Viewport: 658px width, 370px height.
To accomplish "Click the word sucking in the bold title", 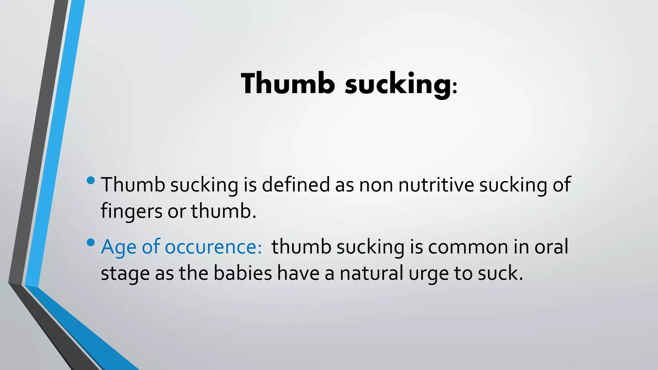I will [398, 84].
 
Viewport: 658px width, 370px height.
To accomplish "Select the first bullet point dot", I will [91, 180].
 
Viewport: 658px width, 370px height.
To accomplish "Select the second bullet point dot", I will [91, 242].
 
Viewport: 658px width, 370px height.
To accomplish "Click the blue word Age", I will [119, 247].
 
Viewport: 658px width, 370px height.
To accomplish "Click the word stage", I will [125, 274].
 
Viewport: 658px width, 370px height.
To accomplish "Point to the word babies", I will [243, 273].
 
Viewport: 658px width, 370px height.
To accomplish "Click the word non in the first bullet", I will [376, 185].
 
